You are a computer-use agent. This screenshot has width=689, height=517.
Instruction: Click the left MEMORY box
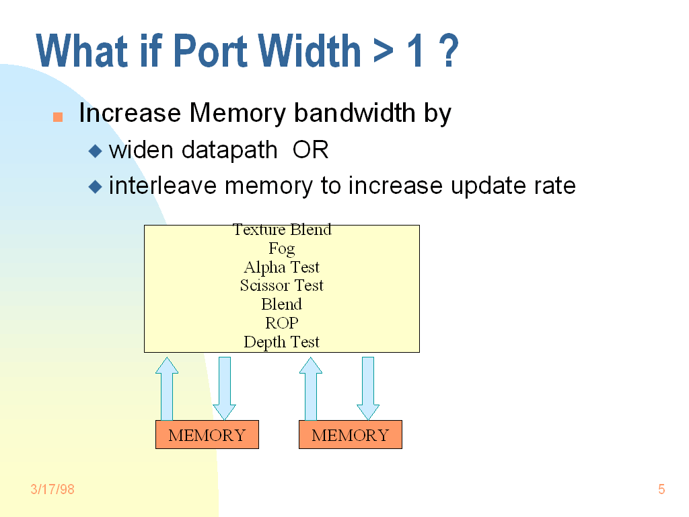point(207,435)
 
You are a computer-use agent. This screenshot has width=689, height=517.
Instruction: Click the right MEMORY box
point(351,435)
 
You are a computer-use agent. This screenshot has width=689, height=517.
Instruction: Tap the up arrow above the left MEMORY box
point(167,389)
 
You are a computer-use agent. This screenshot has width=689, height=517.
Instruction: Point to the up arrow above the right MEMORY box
point(310,389)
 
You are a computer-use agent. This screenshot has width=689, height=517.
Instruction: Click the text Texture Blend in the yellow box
point(282,230)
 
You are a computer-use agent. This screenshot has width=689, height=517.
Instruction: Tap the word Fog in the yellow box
point(282,249)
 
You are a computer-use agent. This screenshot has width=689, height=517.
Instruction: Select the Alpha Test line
point(282,267)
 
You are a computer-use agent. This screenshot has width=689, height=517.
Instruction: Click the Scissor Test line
point(282,285)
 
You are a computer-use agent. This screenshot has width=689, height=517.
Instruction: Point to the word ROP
point(282,323)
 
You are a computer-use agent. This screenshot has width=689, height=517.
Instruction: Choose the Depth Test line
point(282,342)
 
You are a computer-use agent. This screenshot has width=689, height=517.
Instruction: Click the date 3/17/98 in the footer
point(52,489)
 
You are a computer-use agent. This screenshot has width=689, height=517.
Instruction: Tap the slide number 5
point(661,489)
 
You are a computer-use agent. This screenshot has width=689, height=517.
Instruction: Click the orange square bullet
point(58,117)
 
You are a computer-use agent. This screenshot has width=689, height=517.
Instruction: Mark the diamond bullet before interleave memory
point(96,186)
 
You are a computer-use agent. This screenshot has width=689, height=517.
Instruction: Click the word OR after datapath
point(310,150)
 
